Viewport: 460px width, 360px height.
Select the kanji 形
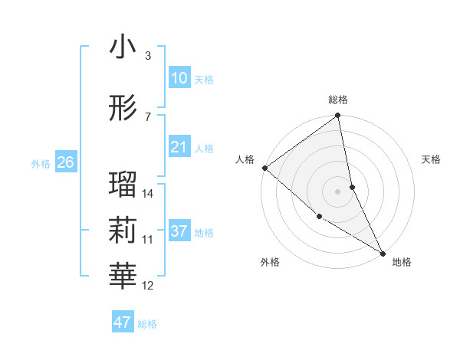(123, 109)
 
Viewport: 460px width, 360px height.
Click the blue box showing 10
(179, 78)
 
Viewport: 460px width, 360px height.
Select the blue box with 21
(179, 147)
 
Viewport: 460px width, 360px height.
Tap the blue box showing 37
(179, 231)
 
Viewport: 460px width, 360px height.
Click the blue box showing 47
(123, 322)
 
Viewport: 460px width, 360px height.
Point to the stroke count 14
(148, 194)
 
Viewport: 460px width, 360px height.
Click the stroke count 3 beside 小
(147, 56)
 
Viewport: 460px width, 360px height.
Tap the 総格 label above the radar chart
(338, 100)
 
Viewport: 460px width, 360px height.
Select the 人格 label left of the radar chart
(246, 159)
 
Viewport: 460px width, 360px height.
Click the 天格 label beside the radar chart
(432, 159)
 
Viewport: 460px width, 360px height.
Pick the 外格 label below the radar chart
(269, 263)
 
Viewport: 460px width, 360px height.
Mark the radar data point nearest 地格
(383, 252)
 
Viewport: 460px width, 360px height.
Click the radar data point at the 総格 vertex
(338, 116)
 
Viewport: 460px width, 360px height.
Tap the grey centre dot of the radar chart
(338, 191)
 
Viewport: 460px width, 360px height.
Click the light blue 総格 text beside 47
(147, 324)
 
